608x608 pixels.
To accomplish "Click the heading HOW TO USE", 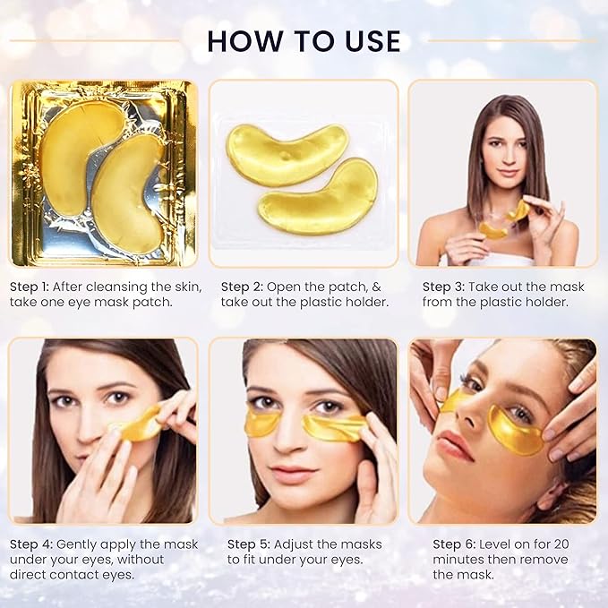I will [304, 41].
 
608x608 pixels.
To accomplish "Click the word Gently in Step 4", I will [90, 544].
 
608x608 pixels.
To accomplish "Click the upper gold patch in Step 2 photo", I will [287, 153].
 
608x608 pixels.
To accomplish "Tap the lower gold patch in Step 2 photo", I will [318, 197].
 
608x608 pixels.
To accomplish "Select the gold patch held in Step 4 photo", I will [137, 425].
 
